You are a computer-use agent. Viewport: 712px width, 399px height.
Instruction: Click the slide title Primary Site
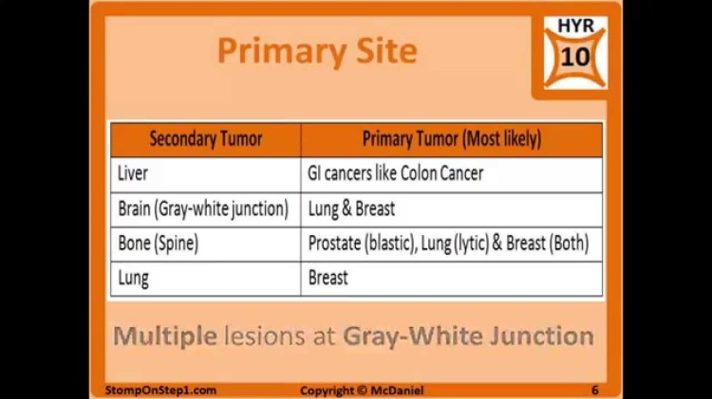pos(317,51)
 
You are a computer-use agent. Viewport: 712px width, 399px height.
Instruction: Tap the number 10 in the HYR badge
pos(575,57)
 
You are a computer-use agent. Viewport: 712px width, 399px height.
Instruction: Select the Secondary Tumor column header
pos(206,139)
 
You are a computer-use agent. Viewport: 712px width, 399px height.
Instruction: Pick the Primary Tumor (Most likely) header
pos(452,139)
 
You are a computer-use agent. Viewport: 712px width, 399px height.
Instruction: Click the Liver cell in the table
pos(133,174)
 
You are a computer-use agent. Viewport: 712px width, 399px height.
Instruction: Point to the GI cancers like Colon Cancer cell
pos(396,174)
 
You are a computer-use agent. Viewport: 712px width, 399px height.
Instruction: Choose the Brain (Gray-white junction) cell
pos(203,209)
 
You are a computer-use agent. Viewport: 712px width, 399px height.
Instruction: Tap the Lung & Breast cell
pos(351,209)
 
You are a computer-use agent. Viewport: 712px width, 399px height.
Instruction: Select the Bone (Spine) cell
pos(158,244)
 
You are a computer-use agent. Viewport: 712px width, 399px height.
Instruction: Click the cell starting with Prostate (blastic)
pos(448,244)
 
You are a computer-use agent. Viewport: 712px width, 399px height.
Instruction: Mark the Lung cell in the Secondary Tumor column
pos(134,279)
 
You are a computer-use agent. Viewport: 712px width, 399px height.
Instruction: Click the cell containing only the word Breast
pos(328,279)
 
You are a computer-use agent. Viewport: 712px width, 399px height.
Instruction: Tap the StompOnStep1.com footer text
pos(160,390)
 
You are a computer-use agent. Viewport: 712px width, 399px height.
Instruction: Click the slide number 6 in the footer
pos(594,390)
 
